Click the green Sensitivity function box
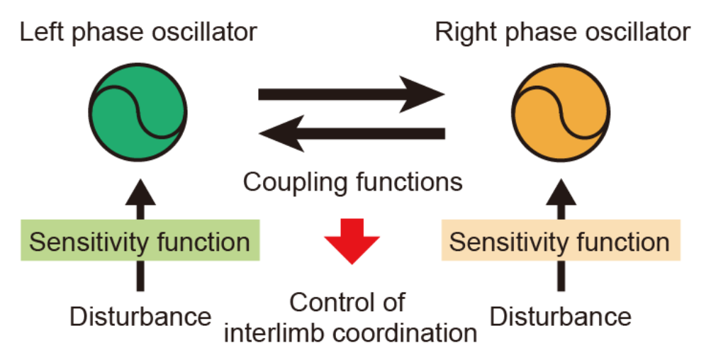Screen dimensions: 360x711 140,242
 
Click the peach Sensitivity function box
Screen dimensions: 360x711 560,242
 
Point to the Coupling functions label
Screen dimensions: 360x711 352,182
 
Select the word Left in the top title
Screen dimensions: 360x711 38,32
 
